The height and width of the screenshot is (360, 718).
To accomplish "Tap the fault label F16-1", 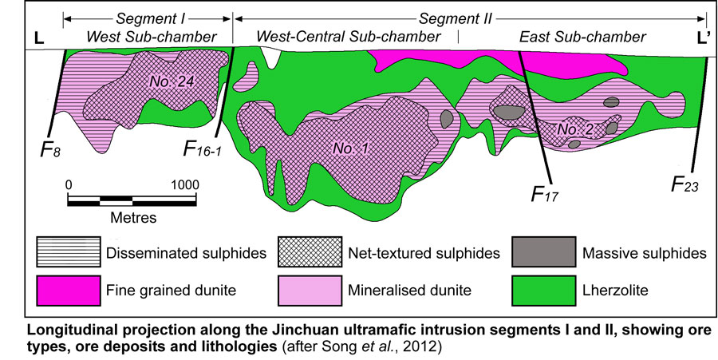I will point(203,148).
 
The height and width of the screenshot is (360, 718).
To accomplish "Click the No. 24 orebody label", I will point(171,80).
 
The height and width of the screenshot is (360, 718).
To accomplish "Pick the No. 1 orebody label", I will point(344,147).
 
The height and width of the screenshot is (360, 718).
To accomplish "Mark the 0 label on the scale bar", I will point(69,184).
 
